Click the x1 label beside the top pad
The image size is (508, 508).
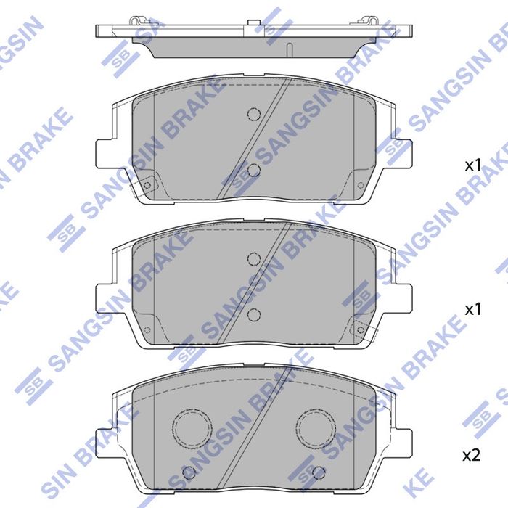472,165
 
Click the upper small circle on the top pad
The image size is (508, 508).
253,114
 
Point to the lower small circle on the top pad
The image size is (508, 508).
253,170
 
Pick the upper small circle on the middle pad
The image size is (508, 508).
253,258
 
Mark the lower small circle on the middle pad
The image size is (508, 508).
253,314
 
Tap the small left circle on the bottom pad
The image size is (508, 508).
189,473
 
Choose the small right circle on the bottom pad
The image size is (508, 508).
316,473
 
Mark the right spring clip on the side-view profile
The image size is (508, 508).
372,20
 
